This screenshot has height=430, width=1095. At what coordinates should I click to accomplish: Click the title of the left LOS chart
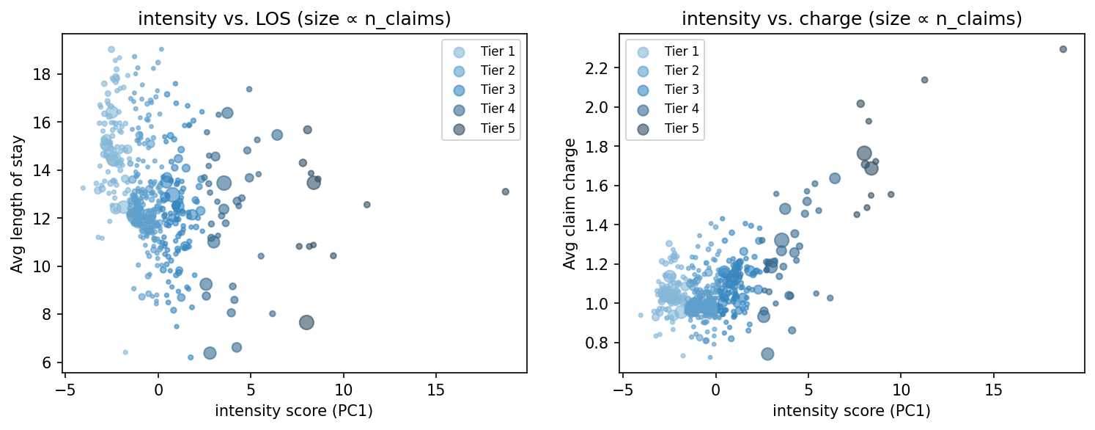[294, 20]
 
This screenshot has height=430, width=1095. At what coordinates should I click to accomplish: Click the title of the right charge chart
[852, 20]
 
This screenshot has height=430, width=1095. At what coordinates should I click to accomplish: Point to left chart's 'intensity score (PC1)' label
[294, 411]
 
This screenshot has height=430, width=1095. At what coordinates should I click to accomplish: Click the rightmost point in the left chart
[505, 192]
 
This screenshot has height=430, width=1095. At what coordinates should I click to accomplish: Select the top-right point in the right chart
[1063, 49]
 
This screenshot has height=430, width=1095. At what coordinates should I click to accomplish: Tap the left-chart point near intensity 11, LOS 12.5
[366, 205]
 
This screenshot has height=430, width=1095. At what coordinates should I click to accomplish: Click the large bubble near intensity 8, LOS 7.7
[306, 322]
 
